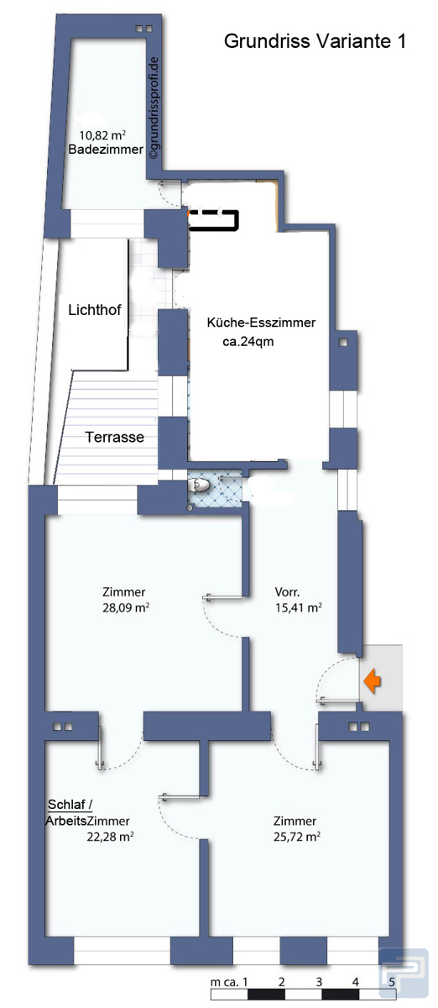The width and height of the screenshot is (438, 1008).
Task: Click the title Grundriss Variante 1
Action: click(x=315, y=41)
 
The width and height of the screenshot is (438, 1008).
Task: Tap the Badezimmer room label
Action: click(x=106, y=150)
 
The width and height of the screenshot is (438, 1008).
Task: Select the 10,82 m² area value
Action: click(x=102, y=135)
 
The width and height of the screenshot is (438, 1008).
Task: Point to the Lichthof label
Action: click(x=95, y=310)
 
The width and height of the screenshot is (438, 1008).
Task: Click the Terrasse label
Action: click(x=115, y=437)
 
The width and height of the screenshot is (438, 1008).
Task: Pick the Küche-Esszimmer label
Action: click(x=261, y=323)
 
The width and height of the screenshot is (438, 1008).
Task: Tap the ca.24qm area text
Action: click(x=248, y=342)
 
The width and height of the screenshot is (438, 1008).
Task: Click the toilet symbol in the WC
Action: click(x=199, y=485)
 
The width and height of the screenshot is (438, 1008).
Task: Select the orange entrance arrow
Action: click(x=373, y=680)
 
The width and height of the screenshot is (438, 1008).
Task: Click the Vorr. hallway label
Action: click(x=287, y=591)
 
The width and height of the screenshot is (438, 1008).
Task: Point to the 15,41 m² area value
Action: click(x=298, y=607)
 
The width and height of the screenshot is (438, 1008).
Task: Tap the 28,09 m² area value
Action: click(x=126, y=607)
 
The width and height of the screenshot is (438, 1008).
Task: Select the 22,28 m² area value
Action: click(x=110, y=837)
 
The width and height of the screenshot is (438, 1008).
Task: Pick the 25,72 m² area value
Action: click(x=297, y=837)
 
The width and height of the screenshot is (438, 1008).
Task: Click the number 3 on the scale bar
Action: click(x=319, y=981)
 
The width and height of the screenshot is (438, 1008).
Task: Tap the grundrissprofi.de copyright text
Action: click(x=154, y=108)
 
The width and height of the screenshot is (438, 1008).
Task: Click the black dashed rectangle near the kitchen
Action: click(x=214, y=220)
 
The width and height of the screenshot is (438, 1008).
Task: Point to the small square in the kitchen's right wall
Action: click(x=343, y=342)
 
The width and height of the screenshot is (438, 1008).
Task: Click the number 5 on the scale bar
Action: click(x=392, y=981)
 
